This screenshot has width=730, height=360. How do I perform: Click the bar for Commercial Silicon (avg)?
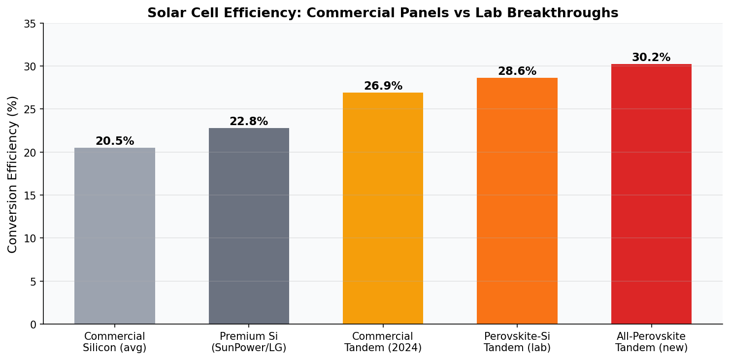click(x=115, y=236)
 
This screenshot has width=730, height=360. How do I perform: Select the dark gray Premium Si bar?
click(x=249, y=226)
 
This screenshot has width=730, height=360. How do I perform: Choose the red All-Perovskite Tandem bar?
click(x=651, y=194)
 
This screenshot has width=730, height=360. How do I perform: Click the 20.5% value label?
click(x=115, y=141)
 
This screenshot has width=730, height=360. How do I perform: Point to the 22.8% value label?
click(x=249, y=122)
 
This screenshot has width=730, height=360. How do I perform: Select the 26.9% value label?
click(x=383, y=86)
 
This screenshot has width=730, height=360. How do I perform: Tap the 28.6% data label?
click(x=517, y=71)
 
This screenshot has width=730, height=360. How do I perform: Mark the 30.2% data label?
click(x=651, y=58)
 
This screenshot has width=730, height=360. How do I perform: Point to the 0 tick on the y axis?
click(x=33, y=325)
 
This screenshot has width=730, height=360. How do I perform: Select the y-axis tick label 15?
click(x=30, y=196)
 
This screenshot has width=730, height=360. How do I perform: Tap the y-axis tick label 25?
click(x=30, y=109)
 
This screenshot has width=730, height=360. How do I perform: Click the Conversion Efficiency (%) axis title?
click(x=13, y=174)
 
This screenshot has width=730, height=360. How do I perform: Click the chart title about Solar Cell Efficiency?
click(x=383, y=13)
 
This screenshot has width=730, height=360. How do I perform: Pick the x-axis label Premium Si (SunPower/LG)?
click(x=249, y=342)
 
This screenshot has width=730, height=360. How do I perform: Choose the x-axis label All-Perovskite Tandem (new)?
click(x=651, y=342)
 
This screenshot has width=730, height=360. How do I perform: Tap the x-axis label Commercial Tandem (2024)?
click(x=383, y=342)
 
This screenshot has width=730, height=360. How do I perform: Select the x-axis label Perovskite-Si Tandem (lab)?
click(x=517, y=342)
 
